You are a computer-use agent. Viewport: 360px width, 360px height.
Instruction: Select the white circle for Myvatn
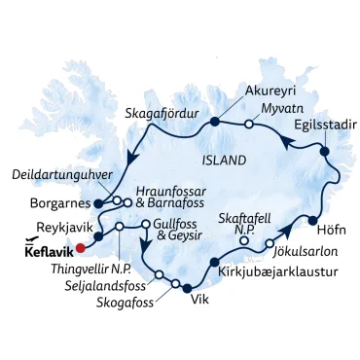[250, 124]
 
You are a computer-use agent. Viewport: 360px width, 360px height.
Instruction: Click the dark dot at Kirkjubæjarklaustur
[214, 261]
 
